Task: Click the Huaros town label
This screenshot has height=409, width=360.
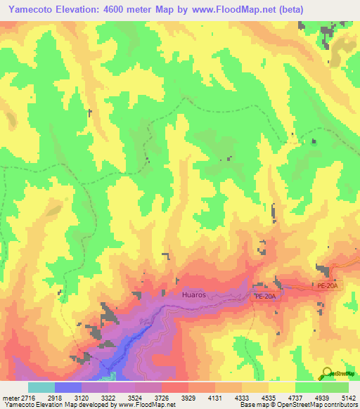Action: click(193, 295)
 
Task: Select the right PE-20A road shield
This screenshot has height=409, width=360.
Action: click(328, 286)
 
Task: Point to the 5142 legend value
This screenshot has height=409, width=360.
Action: click(348, 398)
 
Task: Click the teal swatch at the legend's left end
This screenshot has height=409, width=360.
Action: click(41, 387)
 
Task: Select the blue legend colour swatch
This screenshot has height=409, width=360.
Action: click(67, 387)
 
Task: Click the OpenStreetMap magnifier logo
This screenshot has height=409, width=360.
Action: click(328, 373)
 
